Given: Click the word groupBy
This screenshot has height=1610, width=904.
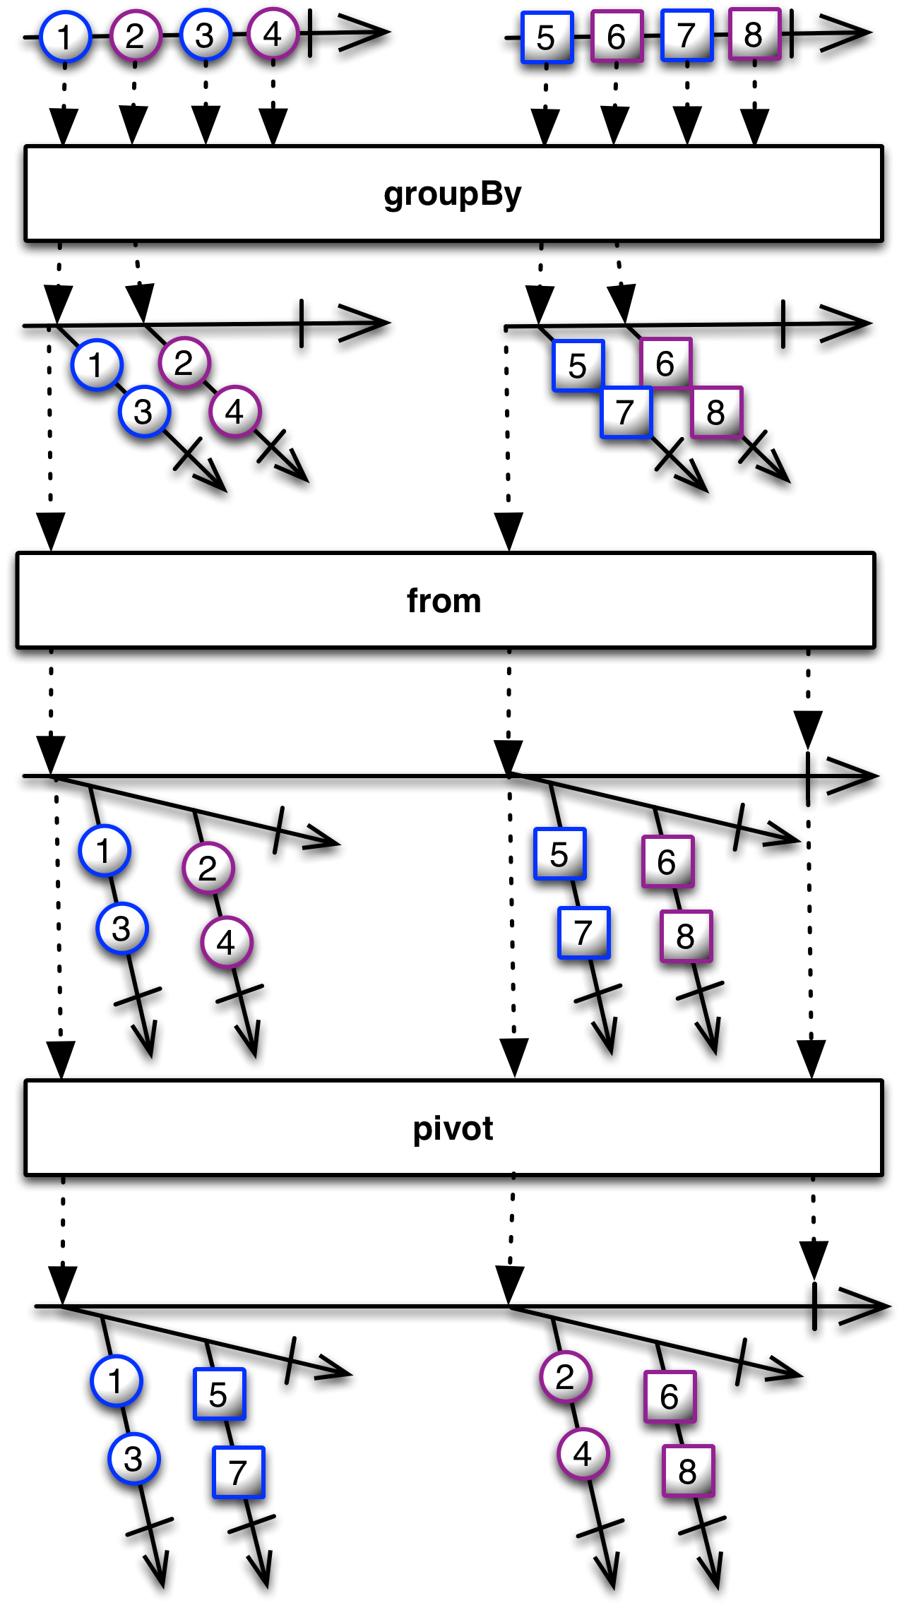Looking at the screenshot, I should pyautogui.click(x=452, y=194).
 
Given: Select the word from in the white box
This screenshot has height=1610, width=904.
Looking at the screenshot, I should pyautogui.click(x=444, y=601).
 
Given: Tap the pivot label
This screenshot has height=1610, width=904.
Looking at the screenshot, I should pyautogui.click(x=453, y=1128).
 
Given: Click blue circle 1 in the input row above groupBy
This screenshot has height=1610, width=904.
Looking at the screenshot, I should pyautogui.click(x=66, y=37).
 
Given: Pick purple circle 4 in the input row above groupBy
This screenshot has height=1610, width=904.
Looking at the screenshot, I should pyautogui.click(x=273, y=33).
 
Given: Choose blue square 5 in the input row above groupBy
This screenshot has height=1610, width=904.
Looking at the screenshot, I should pyautogui.click(x=547, y=37).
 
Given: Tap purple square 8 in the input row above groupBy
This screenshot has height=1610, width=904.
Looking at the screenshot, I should pyautogui.click(x=754, y=34).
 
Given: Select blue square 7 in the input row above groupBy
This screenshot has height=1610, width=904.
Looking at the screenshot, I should pyautogui.click(x=686, y=35).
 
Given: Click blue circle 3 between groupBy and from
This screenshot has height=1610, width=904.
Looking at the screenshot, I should pyautogui.click(x=145, y=412).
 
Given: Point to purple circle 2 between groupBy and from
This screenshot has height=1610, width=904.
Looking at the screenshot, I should pyautogui.click(x=184, y=363).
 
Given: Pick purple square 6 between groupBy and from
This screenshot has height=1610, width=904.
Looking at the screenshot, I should pyautogui.click(x=665, y=364).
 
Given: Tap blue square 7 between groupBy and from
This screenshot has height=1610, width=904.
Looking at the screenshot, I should pyautogui.click(x=626, y=412).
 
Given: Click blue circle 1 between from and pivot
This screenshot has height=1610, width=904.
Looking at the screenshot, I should pyautogui.click(x=105, y=850).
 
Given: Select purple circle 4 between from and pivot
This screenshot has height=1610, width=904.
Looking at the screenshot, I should pyautogui.click(x=227, y=942).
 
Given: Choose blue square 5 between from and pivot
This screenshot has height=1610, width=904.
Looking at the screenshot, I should pyautogui.click(x=560, y=854).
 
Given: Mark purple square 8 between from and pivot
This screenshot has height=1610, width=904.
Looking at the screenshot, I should pyautogui.click(x=686, y=936).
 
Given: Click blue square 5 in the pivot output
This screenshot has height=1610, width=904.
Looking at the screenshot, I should pyautogui.click(x=220, y=1394).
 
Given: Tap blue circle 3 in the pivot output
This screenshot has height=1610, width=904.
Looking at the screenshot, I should pyautogui.click(x=134, y=1458).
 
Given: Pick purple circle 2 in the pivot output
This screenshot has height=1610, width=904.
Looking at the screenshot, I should pyautogui.click(x=566, y=1376).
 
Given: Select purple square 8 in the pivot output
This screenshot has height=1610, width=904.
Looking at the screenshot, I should pyautogui.click(x=688, y=1471).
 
